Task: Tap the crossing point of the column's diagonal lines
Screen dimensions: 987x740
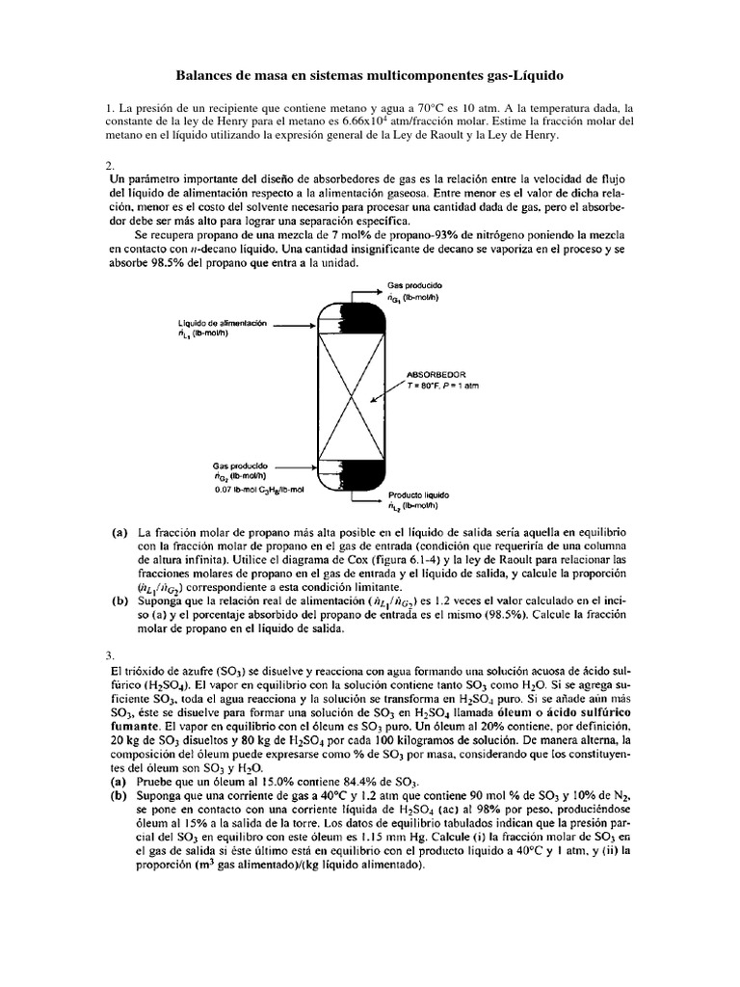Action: pyautogui.click(x=337, y=386)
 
